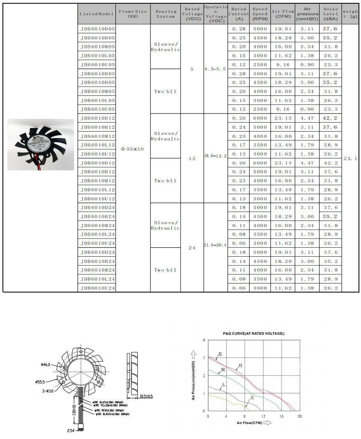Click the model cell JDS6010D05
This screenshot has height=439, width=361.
[x=98, y=29]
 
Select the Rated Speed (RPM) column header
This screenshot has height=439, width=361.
[x=260, y=14]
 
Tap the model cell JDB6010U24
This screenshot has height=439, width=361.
[x=98, y=288]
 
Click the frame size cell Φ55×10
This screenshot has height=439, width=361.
[x=132, y=149]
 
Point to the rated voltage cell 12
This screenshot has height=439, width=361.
[x=192, y=158]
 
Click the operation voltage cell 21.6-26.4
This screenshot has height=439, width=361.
[x=215, y=245]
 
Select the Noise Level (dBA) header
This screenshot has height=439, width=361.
[x=330, y=14]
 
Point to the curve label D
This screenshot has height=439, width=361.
[x=220, y=354]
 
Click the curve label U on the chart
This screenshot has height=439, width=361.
[x=251, y=397]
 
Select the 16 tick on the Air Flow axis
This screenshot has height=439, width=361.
[x=282, y=416]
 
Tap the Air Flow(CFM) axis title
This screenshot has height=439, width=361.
[x=250, y=423]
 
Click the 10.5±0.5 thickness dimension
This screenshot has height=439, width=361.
[x=146, y=396]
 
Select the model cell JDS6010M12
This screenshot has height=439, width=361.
[x=98, y=136]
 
